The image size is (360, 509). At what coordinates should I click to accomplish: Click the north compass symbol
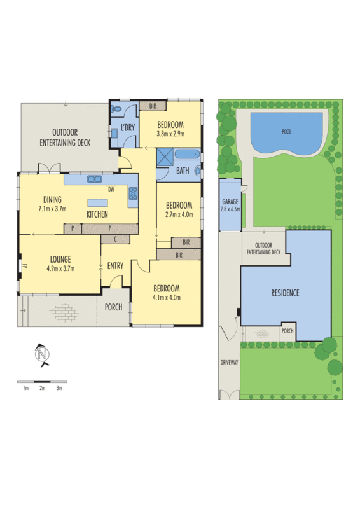(42, 354)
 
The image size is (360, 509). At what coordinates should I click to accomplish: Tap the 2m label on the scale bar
(42, 387)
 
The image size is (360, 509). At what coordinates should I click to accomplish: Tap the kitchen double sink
(96, 179)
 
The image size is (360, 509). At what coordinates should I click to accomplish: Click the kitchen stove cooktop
(133, 194)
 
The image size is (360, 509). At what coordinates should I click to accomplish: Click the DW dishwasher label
(111, 189)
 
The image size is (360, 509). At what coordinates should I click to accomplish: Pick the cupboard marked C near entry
(115, 239)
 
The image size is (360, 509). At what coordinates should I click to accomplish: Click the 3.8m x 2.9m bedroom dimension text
(170, 134)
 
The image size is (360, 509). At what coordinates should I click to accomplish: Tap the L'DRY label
(128, 128)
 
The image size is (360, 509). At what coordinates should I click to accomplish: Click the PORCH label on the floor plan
(114, 307)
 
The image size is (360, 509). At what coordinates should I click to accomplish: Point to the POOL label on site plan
(286, 132)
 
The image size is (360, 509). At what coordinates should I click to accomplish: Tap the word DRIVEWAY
(229, 362)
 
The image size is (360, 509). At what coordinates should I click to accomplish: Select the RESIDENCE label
(285, 293)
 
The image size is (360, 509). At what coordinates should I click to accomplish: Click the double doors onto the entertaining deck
(48, 169)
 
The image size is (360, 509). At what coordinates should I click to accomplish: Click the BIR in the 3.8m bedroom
(153, 106)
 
